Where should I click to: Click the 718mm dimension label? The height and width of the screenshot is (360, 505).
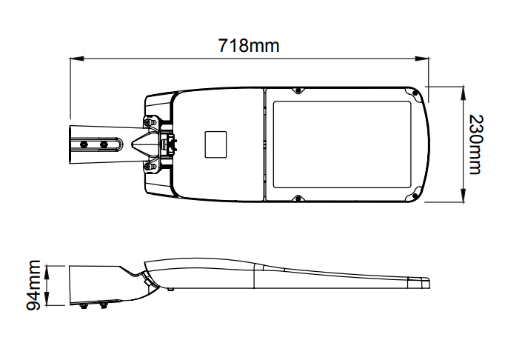pyautogui.click(x=249, y=45)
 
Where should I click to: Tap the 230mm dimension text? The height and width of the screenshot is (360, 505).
pyautogui.click(x=476, y=144)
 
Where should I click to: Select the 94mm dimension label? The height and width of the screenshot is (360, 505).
pyautogui.click(x=33, y=285)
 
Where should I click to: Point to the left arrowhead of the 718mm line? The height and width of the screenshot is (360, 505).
pyautogui.click(x=77, y=59)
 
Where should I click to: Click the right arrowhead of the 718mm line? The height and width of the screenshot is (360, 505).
pyautogui.click(x=422, y=59)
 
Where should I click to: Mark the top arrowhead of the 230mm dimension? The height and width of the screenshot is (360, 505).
pyautogui.click(x=463, y=93)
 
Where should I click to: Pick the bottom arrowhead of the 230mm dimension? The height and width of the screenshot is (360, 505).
pyautogui.click(x=463, y=195)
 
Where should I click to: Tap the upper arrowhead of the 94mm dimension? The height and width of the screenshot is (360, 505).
pyautogui.click(x=47, y=273)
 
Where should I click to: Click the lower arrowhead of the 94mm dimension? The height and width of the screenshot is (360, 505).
pyautogui.click(x=47, y=298)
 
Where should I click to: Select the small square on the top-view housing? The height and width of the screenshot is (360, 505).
pyautogui.click(x=215, y=144)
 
